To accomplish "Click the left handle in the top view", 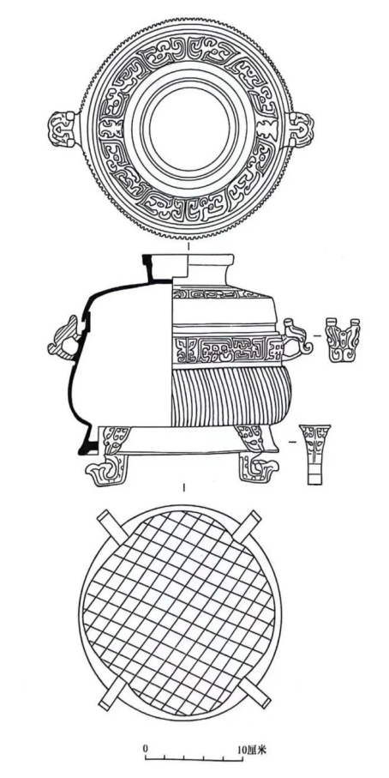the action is (63, 129).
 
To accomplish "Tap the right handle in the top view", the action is (302, 129).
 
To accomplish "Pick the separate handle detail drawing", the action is (343, 340).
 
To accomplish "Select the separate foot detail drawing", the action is (314, 454).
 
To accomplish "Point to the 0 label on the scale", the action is (146, 747).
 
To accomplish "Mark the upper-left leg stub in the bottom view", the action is (109, 525).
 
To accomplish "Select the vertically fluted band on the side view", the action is (231, 397).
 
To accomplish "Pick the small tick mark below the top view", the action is (188, 246).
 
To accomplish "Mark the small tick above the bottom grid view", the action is (184, 488).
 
